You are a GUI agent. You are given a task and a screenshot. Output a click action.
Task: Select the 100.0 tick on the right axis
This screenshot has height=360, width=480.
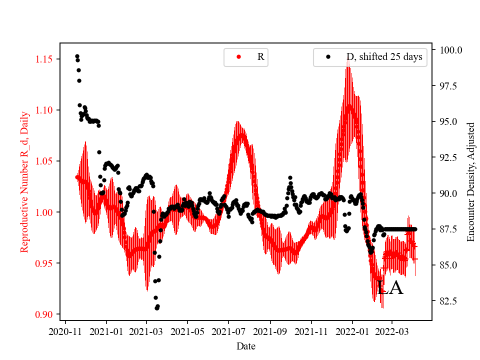click(450, 50)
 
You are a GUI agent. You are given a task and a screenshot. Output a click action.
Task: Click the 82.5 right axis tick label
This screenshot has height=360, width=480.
click(448, 300)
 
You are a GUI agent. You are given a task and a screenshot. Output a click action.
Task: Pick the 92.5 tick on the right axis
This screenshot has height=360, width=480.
click(448, 157)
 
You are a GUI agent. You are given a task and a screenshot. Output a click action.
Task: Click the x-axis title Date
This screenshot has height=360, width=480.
click(246, 345)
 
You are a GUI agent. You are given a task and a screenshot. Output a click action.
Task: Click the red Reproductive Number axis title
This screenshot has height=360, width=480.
click(24, 181)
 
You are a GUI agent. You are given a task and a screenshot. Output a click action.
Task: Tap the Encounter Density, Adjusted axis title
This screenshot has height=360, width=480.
click(470, 181)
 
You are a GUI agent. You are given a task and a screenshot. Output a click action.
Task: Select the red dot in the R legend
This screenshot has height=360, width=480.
click(238, 57)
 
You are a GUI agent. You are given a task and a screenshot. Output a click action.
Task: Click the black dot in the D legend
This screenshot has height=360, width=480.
click(328, 57)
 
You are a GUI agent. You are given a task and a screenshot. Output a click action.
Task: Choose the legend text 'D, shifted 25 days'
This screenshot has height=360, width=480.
click(384, 57)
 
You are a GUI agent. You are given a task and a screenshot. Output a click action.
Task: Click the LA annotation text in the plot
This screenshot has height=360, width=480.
click(390, 288)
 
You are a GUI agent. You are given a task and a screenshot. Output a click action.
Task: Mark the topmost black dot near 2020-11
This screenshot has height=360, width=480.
click(77, 56)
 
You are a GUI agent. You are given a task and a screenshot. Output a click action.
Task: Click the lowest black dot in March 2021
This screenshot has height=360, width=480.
click(156, 308)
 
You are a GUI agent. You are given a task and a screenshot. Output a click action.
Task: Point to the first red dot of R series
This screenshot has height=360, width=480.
click(77, 177)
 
